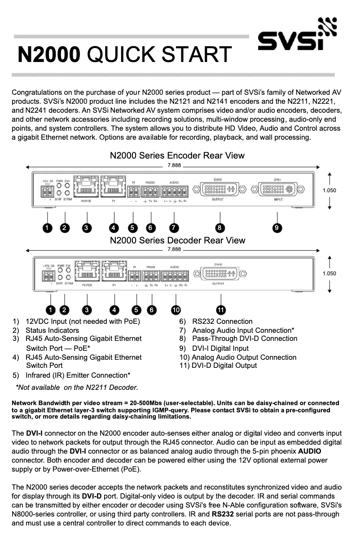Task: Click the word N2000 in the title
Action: click(x=49, y=55)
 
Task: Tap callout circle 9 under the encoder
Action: click(x=277, y=228)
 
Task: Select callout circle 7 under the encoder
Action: click(x=174, y=228)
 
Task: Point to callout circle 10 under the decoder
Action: click(x=176, y=309)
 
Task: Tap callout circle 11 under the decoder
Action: click(x=221, y=309)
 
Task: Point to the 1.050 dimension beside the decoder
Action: click(x=329, y=273)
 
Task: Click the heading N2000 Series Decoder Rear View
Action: click(x=178, y=240)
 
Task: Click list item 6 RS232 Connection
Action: click(x=216, y=321)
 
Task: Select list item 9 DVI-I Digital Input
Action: click(x=214, y=348)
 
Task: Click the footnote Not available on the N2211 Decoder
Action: click(x=77, y=387)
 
